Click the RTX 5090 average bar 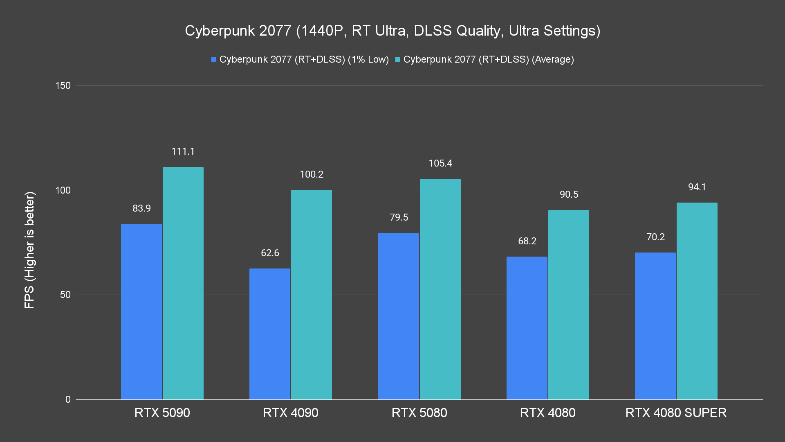(x=183, y=283)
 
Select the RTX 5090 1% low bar (x=141, y=311)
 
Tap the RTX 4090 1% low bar (x=270, y=334)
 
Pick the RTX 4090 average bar (x=312, y=295)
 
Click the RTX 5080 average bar (x=440, y=289)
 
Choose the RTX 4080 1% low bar (x=527, y=328)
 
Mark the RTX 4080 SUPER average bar (x=697, y=301)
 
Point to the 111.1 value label (x=183, y=151)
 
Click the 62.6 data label (x=270, y=253)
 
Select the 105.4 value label (x=440, y=163)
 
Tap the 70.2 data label (x=655, y=237)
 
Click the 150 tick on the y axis (x=63, y=86)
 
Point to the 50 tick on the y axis (x=65, y=295)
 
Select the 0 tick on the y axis (x=68, y=399)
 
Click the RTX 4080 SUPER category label (x=676, y=413)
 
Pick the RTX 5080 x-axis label (x=419, y=413)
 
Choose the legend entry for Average (x=484, y=59)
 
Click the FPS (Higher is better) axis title (x=29, y=250)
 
